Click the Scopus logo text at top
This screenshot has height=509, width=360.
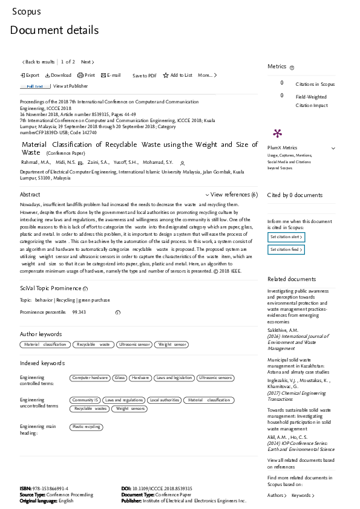(x=27, y=11)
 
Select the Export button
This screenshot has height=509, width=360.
(x=30, y=76)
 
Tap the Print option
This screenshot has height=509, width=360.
(x=86, y=76)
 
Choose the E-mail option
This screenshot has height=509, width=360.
(x=111, y=76)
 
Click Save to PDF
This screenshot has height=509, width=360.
(x=145, y=76)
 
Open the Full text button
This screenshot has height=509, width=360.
(x=34, y=86)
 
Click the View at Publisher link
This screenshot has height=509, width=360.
(x=70, y=86)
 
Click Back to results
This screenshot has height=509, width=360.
(x=39, y=62)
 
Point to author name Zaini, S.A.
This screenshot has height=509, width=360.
(x=97, y=163)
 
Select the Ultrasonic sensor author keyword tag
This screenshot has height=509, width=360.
(x=134, y=344)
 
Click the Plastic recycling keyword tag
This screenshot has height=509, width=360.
(x=86, y=427)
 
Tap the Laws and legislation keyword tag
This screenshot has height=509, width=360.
(x=173, y=378)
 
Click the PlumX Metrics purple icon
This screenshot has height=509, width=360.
(x=277, y=133)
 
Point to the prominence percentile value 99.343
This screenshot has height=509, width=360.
(x=79, y=312)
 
